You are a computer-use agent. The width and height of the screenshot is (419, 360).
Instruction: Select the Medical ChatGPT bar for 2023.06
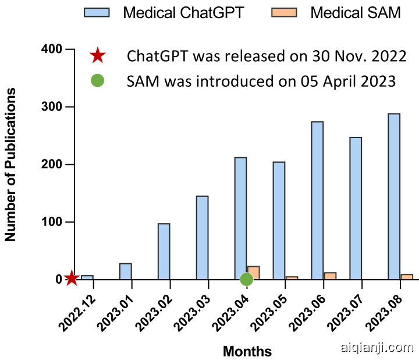coord(317,200)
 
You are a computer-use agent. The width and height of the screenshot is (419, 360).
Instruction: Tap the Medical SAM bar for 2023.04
coord(254,271)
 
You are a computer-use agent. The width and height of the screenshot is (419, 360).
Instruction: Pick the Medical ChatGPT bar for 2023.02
coord(164,251)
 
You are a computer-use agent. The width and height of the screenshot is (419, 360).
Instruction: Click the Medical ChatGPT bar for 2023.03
coord(202,237)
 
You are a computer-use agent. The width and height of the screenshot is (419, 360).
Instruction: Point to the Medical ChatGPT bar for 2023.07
coord(356,208)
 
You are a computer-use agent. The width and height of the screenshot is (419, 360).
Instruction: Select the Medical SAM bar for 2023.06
coord(330,276)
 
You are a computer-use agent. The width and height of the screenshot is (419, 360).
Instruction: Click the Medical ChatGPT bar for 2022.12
coord(87,277)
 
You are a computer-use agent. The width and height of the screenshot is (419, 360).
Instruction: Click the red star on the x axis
coord(72,279)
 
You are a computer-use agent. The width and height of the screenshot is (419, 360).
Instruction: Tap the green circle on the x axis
coord(246,279)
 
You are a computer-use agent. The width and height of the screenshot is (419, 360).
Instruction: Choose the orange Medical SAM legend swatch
coord(286,12)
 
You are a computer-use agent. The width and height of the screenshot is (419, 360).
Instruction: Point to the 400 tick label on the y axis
coord(52,50)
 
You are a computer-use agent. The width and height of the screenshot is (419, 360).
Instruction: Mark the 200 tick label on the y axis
coord(52,164)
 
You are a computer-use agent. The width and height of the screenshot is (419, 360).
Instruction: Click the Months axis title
coord(247,351)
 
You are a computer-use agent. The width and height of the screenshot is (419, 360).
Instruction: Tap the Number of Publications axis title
coord(10,164)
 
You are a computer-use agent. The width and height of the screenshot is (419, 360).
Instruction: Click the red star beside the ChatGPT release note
coord(97,56)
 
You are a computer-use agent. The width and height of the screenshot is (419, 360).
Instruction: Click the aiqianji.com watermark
coord(375,348)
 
